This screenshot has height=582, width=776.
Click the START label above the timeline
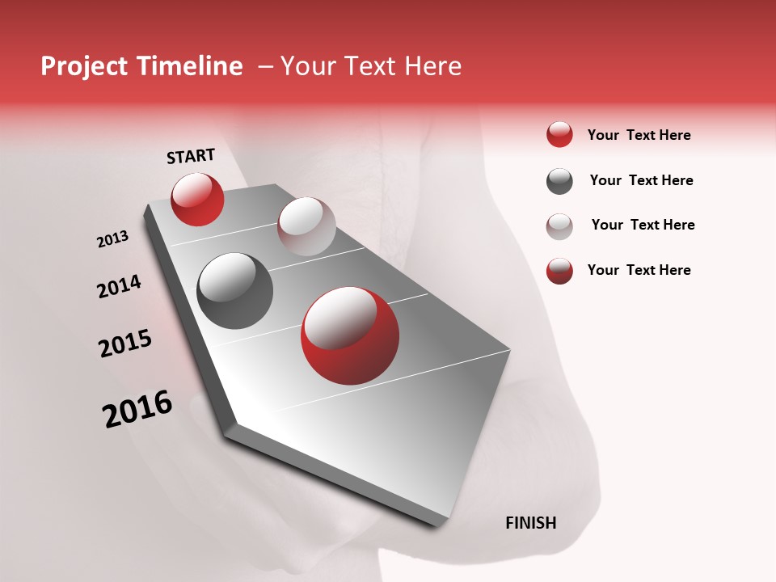tap(191, 156)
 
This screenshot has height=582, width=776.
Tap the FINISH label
tap(530, 523)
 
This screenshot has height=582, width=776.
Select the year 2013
tap(112, 239)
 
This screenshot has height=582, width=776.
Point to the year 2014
tap(119, 286)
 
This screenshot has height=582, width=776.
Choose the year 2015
tap(125, 344)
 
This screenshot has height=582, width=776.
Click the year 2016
tap(137, 408)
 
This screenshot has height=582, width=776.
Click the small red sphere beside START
tap(197, 199)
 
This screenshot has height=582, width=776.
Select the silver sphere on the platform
tap(306, 226)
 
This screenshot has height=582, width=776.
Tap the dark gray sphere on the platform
tap(234, 291)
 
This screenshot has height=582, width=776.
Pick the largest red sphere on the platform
tap(350, 335)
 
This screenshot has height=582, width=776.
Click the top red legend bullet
tap(559, 135)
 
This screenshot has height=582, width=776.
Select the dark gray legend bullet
tap(559, 181)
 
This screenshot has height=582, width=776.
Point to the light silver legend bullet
tap(559, 226)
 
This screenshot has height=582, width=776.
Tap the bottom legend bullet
tap(559, 271)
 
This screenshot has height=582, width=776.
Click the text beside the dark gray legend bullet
tap(641, 180)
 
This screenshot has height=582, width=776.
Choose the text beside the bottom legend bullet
tap(639, 270)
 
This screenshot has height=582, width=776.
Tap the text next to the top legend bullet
tap(639, 135)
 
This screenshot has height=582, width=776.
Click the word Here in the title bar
tap(432, 66)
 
